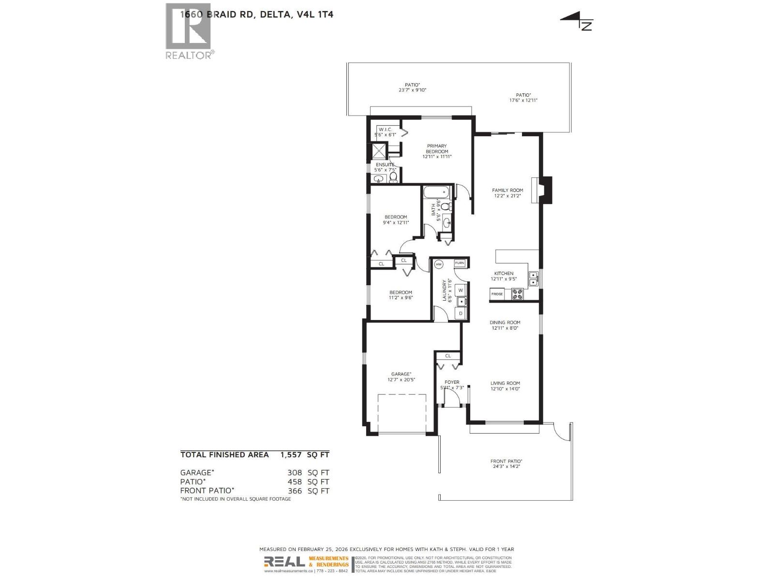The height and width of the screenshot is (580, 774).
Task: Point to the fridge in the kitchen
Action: point(497,294)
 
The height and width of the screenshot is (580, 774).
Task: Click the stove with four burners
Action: point(517,294)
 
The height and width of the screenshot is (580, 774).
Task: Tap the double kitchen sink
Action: point(533,278)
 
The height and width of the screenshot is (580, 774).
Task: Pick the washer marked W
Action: point(461,290)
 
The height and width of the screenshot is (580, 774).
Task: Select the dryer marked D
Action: point(461,314)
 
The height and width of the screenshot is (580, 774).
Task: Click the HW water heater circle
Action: point(439,264)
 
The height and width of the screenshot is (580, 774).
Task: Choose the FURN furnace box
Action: point(460,263)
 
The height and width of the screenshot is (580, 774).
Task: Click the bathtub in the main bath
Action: point(437,194)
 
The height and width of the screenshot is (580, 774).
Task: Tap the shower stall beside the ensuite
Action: point(378,151)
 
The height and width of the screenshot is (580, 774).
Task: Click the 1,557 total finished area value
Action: point(291,455)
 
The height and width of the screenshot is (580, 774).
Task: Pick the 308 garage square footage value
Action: point(295,473)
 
